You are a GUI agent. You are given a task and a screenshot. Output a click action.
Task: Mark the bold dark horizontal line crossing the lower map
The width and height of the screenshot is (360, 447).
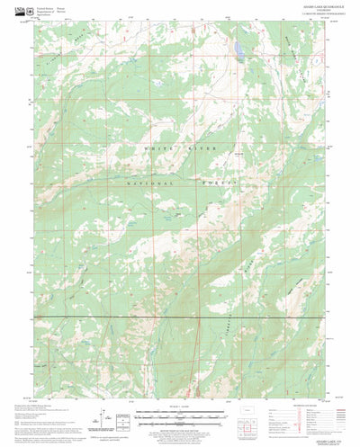tap(180, 317)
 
